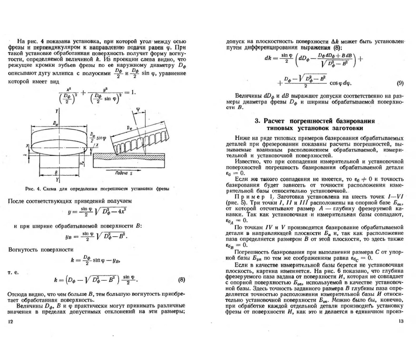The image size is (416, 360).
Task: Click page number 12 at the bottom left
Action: click(10, 322)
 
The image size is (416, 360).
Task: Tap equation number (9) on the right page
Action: click(400, 83)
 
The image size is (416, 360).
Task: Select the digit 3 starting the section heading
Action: click(257, 121)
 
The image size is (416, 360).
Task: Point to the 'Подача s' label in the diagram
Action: click(124, 173)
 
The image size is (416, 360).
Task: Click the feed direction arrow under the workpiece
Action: click(124, 169)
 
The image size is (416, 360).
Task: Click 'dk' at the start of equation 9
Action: click(268, 58)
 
